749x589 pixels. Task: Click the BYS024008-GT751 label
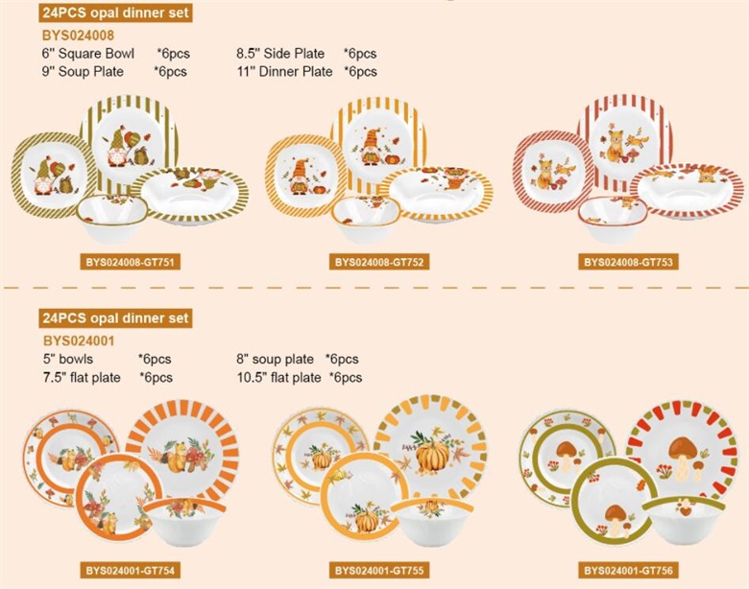pos(130,262)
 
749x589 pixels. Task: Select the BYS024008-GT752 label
pos(378,262)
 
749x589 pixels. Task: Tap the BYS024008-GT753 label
pos(628,262)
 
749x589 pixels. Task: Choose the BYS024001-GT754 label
pos(130,571)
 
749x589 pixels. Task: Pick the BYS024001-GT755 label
pos(378,571)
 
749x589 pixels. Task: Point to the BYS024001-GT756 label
pos(628,571)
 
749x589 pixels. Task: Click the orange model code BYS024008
pos(79,35)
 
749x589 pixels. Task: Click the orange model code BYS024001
pos(79,341)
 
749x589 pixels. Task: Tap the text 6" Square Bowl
pos(88,54)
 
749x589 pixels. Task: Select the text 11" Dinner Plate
pos(284,72)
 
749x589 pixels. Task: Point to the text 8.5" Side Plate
pos(280,54)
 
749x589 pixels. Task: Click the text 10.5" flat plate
pos(279,378)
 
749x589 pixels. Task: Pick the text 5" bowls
pos(68,359)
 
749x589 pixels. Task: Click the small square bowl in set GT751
pos(111,217)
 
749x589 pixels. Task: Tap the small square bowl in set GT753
pos(613,218)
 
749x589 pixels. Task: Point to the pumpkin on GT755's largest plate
pos(432,457)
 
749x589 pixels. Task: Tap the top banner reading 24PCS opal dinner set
pos(115,12)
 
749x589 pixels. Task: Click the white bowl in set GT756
pos(684,520)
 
